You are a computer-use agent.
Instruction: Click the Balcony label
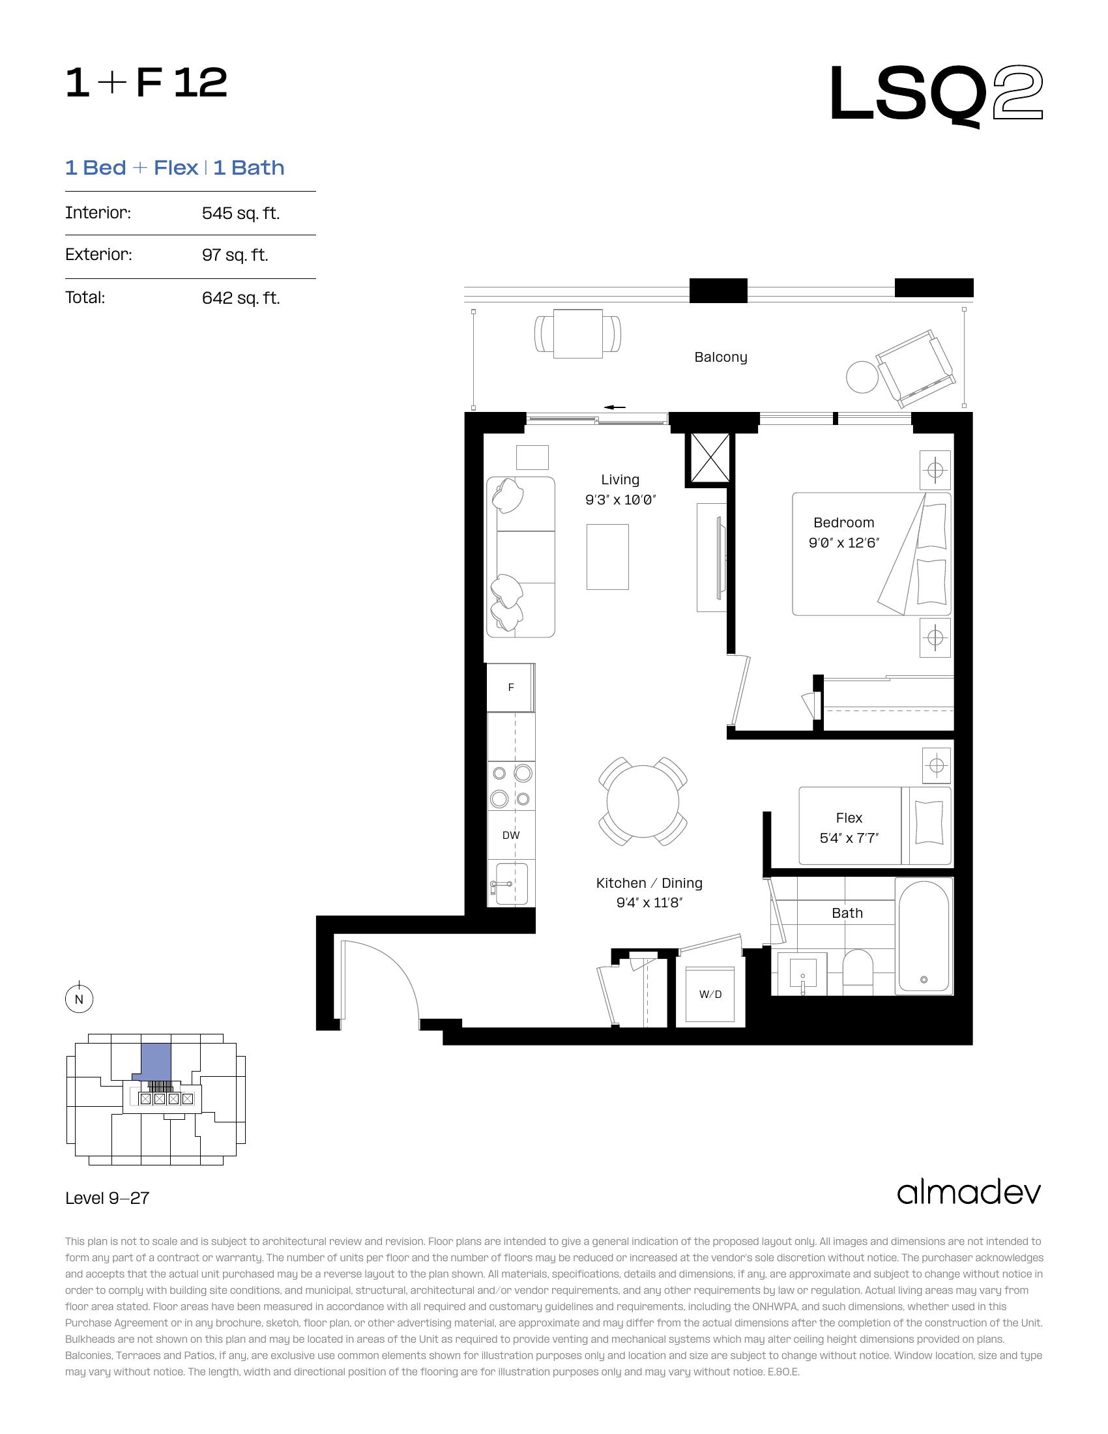tap(721, 357)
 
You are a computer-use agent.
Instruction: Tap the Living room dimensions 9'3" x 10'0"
tap(620, 500)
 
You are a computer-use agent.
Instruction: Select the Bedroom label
tap(843, 523)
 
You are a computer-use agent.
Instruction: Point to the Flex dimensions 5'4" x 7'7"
tap(849, 838)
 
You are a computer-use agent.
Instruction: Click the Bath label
tap(847, 913)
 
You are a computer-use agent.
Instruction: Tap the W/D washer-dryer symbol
tap(710, 994)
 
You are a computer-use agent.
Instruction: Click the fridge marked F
tap(510, 688)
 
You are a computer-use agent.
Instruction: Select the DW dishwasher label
tap(511, 835)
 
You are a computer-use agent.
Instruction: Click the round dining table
tap(643, 801)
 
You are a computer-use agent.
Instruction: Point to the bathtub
tap(924, 935)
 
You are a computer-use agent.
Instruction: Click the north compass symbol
tap(80, 999)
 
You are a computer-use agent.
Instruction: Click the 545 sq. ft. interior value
tap(241, 213)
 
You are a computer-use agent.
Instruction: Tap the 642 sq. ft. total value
tap(241, 298)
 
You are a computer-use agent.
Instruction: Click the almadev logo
tap(969, 1192)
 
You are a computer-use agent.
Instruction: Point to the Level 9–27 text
tap(107, 1198)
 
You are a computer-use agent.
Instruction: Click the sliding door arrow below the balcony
tap(615, 407)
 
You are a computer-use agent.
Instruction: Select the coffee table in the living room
tap(607, 557)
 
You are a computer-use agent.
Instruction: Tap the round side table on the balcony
tap(862, 377)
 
